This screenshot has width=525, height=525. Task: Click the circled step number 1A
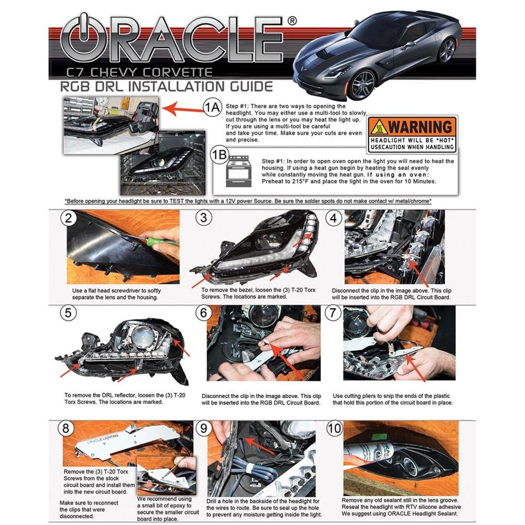(x=212, y=108)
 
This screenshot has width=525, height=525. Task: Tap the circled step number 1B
(x=219, y=155)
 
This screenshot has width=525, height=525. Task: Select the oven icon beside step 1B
(x=238, y=172)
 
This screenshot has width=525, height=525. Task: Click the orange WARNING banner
(x=412, y=126)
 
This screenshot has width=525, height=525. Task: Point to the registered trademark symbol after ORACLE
(x=292, y=21)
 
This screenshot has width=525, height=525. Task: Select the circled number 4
(x=333, y=218)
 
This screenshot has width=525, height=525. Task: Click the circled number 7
(x=333, y=313)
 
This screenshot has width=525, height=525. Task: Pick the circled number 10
(x=334, y=428)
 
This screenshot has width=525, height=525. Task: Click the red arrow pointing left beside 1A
(x=182, y=109)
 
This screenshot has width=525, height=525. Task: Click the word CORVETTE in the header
(x=177, y=72)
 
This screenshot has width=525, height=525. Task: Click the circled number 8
(x=66, y=428)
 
